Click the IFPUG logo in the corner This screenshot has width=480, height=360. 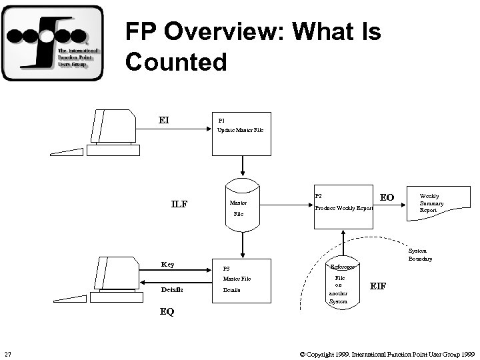click(x=53, y=43)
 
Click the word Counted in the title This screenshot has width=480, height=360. click(x=176, y=62)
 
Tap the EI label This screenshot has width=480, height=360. click(x=163, y=120)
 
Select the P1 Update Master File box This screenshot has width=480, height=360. click(x=241, y=133)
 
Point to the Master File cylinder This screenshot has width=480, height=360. click(x=242, y=206)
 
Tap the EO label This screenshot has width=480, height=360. click(x=387, y=198)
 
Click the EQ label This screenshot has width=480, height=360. click(x=166, y=311)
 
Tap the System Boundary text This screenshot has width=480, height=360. click(x=420, y=255)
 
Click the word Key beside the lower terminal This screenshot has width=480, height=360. click(x=167, y=265)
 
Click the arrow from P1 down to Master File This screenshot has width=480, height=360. click(x=242, y=166)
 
